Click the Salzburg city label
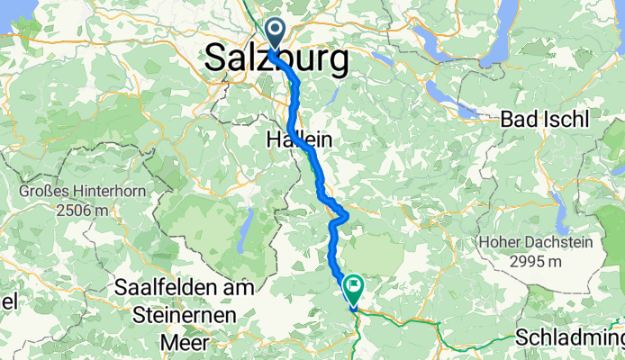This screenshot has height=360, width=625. coord(276,60)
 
